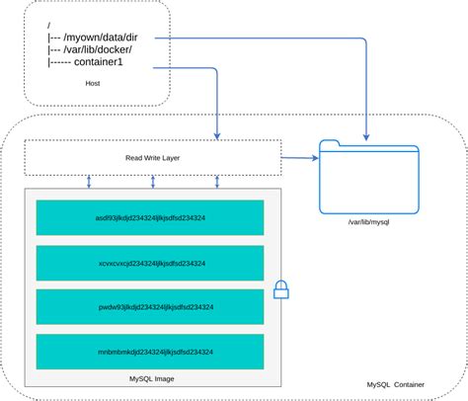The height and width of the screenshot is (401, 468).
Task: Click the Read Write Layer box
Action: click(x=152, y=157)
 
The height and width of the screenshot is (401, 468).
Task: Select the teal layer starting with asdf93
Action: click(x=150, y=218)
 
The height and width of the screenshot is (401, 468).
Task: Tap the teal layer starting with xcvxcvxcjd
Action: click(x=150, y=264)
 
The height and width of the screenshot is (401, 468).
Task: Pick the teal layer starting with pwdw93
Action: click(x=150, y=307)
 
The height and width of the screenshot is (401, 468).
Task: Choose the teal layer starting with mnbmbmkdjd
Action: click(x=150, y=352)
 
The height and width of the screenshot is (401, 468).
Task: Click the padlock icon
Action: click(x=281, y=289)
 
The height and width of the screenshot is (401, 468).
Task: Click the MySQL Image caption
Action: click(x=151, y=379)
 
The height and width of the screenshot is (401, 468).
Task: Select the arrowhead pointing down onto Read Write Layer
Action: click(x=216, y=135)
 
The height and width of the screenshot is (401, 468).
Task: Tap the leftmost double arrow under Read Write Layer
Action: click(x=89, y=181)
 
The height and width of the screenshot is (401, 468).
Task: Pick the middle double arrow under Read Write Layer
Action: click(x=152, y=181)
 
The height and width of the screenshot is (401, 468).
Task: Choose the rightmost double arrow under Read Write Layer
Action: click(x=217, y=181)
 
